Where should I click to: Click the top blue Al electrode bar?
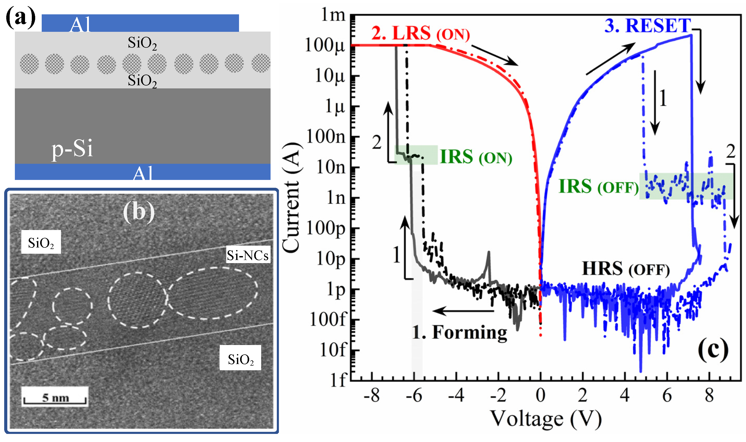coord(140,23)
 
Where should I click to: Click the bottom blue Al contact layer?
coord(143,172)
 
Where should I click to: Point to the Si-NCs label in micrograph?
coord(247,255)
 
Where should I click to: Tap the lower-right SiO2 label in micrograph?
coord(240,360)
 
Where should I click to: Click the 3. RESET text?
coord(648,26)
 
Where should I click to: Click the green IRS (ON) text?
coord(476,157)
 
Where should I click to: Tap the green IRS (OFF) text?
coord(599,186)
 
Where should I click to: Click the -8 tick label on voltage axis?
coord(371,396)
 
